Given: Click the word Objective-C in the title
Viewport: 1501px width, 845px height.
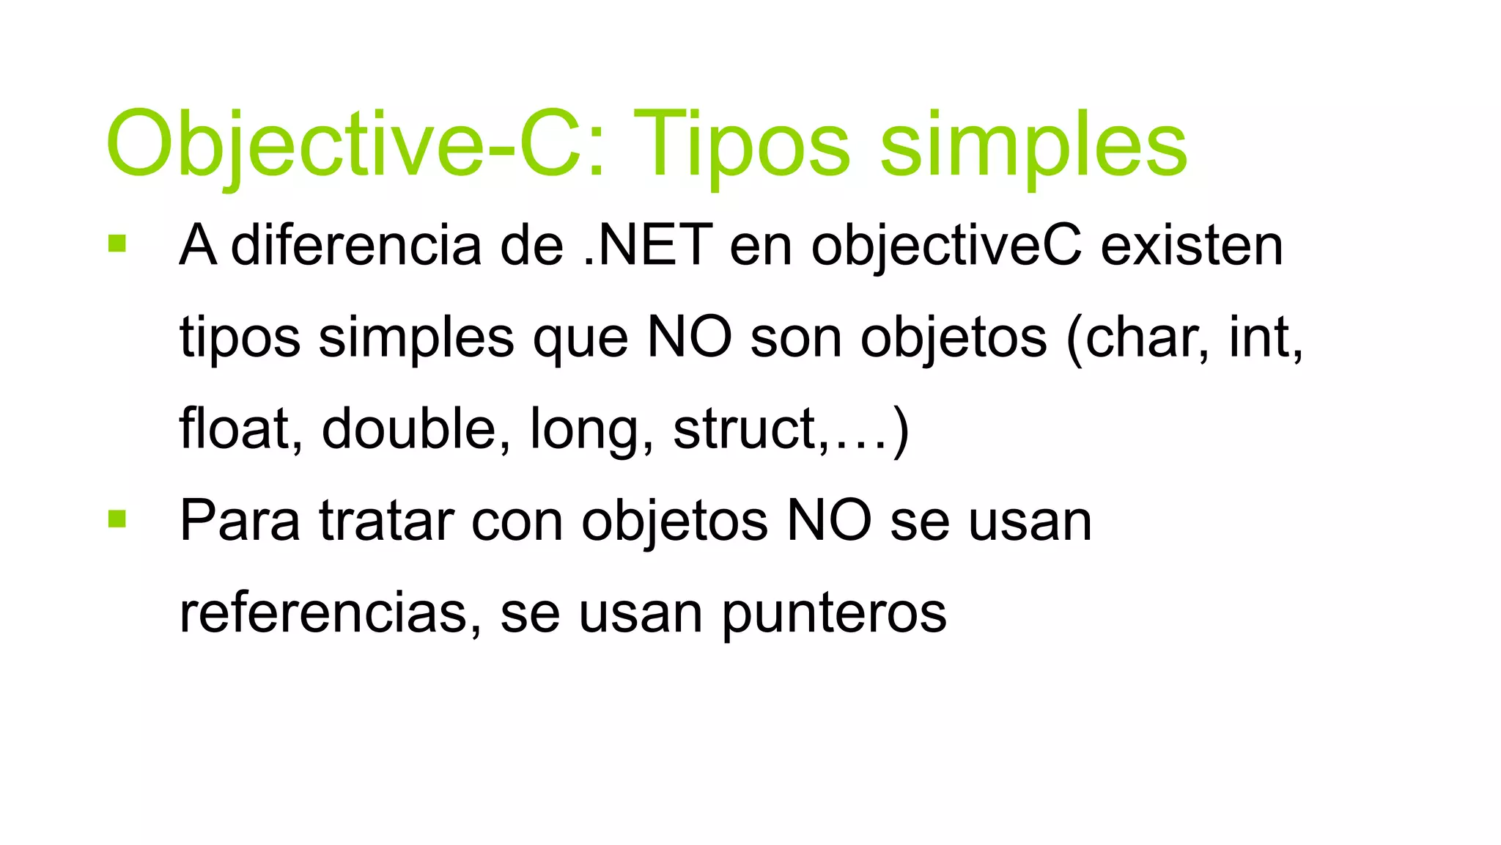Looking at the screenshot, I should pos(355,144).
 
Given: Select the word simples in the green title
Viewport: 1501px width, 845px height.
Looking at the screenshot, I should pos(1033,144).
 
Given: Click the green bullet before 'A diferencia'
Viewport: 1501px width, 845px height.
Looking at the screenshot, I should pos(117,244).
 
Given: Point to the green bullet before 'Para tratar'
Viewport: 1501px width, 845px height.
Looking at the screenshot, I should pos(117,519).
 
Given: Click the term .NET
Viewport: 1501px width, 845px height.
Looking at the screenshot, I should pos(648,245).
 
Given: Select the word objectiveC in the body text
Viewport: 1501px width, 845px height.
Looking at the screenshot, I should pos(946,246).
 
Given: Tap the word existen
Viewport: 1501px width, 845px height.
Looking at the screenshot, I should pos(1192,245).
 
